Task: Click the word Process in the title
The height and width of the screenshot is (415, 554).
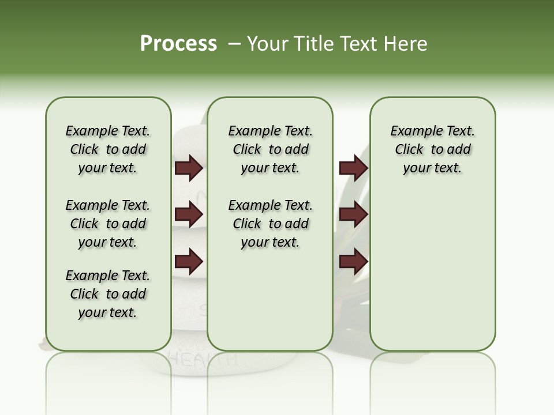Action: [178, 44]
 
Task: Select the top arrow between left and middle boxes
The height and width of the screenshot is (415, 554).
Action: [189, 168]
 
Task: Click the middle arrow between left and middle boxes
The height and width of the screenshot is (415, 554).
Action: [189, 214]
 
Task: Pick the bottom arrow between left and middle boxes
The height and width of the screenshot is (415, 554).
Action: [189, 261]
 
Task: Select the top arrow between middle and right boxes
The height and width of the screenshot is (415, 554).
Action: [353, 168]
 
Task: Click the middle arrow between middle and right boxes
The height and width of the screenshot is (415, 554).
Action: [353, 214]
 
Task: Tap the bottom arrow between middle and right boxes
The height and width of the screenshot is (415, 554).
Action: [353, 261]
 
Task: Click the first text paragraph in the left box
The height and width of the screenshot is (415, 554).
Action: [108, 149]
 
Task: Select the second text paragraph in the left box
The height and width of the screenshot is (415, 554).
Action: [108, 224]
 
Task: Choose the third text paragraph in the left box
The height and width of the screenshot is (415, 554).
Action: [108, 294]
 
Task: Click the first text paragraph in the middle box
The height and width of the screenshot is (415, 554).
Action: [270, 149]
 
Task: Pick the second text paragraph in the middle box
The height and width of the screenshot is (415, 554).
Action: [270, 224]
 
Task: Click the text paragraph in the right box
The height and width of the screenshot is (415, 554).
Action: [432, 149]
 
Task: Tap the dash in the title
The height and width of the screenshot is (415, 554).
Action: [234, 44]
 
